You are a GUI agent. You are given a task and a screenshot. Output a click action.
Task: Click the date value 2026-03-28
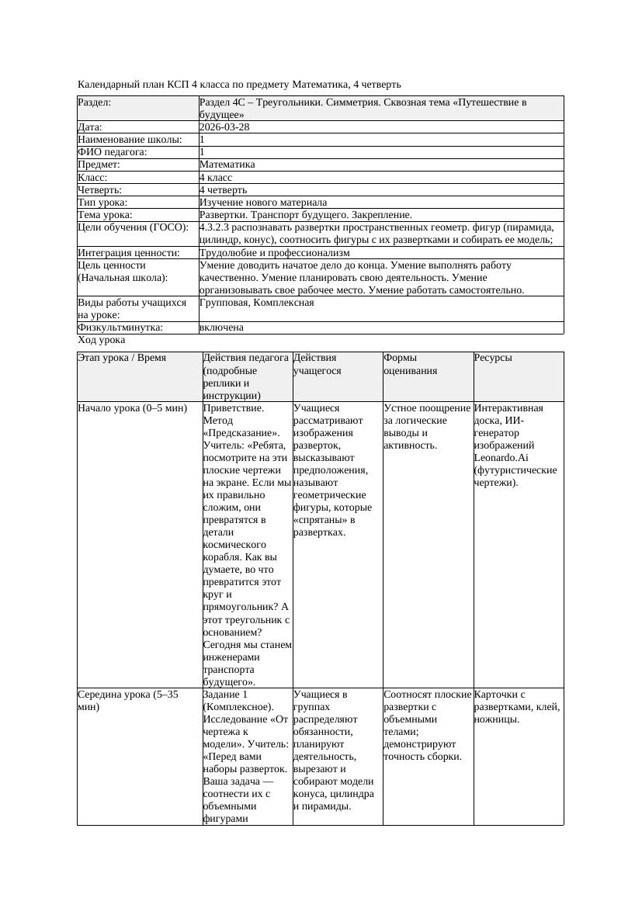pos(224,127)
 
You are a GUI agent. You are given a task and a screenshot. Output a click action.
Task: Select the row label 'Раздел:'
pos(94,102)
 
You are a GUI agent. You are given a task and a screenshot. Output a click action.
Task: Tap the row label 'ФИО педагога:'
pos(113,152)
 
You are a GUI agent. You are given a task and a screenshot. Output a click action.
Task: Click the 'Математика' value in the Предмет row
pos(227,165)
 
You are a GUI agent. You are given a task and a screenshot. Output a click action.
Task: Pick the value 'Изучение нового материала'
pos(263,202)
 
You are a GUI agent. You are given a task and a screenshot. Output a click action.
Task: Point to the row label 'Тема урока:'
pos(105,214)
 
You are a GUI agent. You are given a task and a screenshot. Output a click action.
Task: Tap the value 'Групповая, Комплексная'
pos(256,302)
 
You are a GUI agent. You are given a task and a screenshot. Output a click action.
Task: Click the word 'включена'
pos(221,328)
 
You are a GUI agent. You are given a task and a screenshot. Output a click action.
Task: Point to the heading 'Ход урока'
pos(102,340)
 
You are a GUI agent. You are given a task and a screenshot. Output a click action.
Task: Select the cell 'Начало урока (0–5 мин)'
pos(133,407)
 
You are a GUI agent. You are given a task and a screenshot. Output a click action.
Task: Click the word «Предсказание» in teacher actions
pos(237,433)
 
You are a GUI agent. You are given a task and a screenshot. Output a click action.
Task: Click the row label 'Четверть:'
pos(100,189)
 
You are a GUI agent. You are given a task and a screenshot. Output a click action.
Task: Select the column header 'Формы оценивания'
pos(410,364)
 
